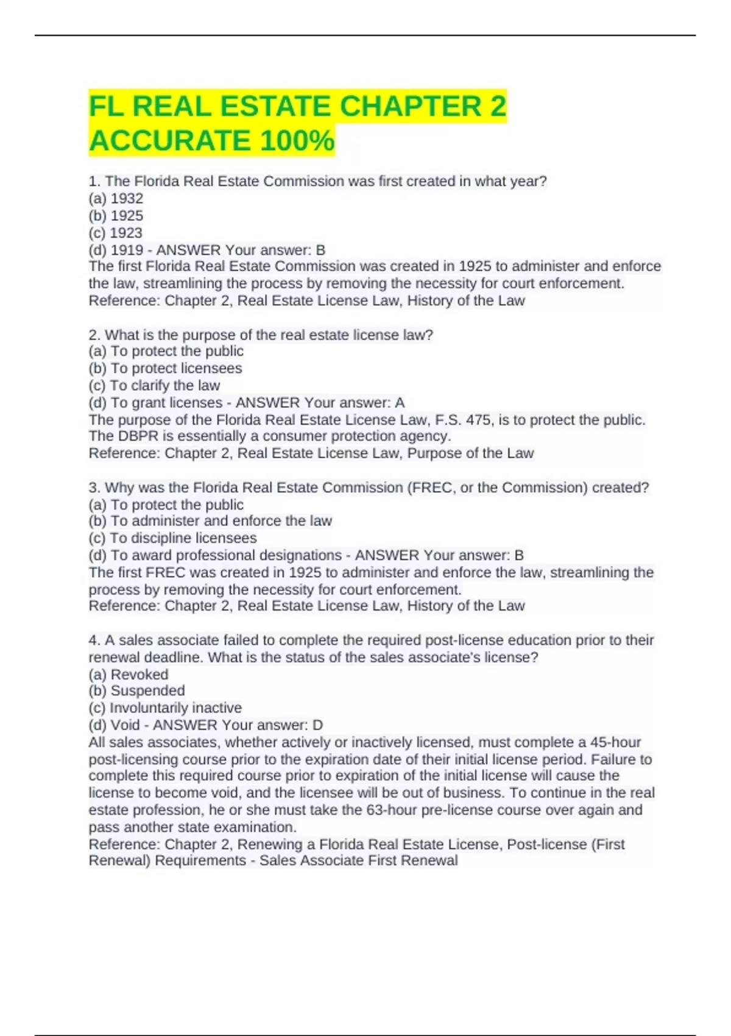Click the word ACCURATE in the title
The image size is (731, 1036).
(x=169, y=141)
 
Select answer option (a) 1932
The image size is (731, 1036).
(x=116, y=199)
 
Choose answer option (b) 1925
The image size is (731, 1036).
(x=116, y=216)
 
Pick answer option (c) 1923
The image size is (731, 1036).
(x=115, y=233)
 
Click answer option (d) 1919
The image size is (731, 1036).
(x=116, y=250)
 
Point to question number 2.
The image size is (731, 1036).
(x=94, y=335)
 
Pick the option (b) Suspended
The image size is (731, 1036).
(x=136, y=690)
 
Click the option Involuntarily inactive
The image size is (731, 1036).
(x=165, y=708)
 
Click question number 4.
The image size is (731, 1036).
(x=94, y=640)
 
